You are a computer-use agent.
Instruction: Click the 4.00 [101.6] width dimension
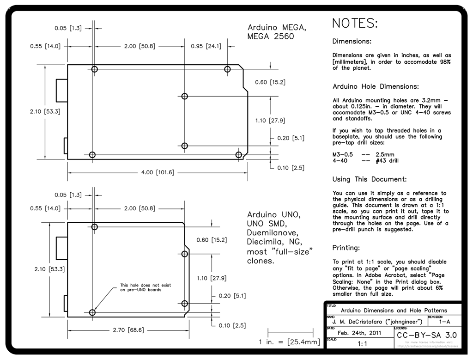(158, 172)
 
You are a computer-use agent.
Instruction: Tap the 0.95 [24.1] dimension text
(206, 46)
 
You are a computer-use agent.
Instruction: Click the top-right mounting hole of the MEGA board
(227, 69)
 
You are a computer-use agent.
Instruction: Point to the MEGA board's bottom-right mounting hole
(239, 154)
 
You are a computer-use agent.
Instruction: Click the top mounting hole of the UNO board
(95, 227)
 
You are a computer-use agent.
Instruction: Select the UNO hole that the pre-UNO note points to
(92, 312)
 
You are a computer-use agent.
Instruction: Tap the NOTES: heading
(355, 23)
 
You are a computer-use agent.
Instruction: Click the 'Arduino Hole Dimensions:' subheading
(376, 86)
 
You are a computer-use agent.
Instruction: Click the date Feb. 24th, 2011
(360, 333)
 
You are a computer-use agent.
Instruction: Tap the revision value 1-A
(445, 321)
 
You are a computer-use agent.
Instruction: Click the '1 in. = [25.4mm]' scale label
(290, 342)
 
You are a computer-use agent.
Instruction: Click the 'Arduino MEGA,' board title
(276, 27)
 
